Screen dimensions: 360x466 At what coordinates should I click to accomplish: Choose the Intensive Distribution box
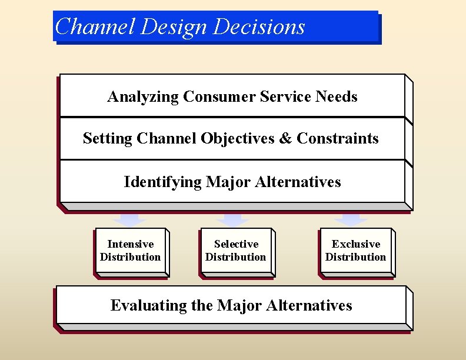tap(130, 251)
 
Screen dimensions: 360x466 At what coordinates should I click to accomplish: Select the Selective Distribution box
tap(235, 251)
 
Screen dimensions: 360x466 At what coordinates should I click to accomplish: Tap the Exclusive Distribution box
tap(355, 251)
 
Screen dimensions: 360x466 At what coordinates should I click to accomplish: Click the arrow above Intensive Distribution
tap(130, 219)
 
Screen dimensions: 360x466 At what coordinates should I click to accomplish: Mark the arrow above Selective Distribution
tap(233, 219)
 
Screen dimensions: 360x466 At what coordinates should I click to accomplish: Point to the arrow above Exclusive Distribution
tap(351, 219)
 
